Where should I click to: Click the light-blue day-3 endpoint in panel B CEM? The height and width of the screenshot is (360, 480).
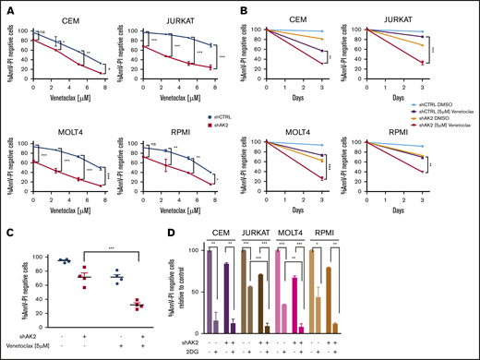pyautogui.click(x=343, y=31)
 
